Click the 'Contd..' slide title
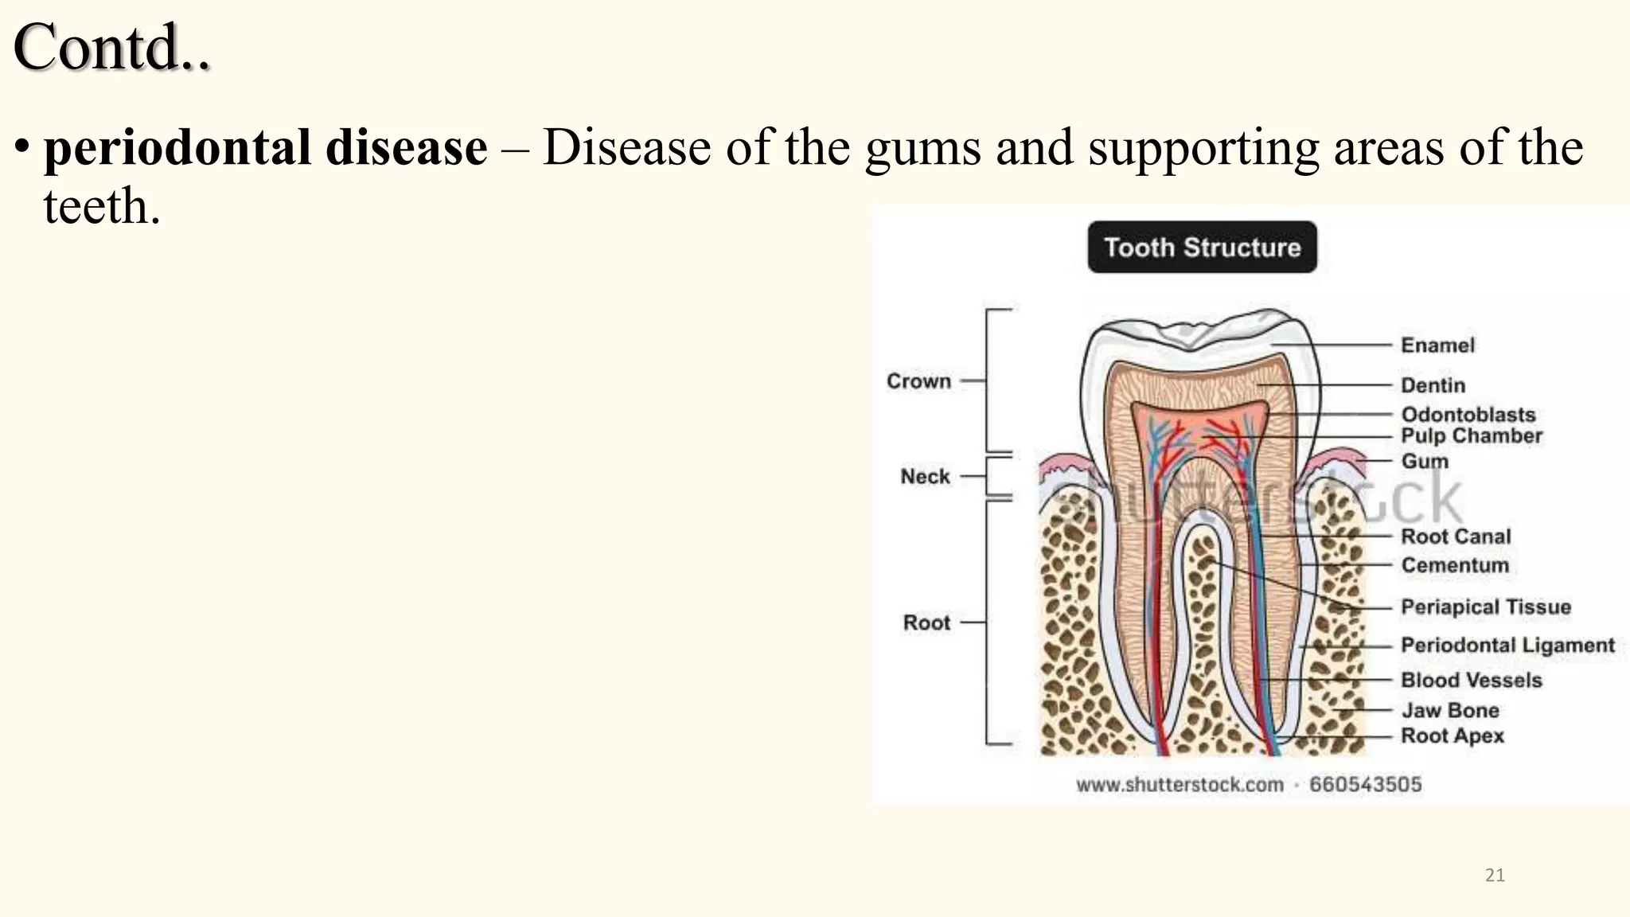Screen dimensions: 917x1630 tap(111, 48)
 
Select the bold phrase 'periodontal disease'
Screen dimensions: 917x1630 tap(265, 148)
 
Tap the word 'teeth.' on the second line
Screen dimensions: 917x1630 tap(102, 207)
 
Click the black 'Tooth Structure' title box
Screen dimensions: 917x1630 tap(1202, 248)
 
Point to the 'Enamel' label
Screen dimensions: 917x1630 tap(1437, 345)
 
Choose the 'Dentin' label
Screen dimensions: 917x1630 tap(1433, 385)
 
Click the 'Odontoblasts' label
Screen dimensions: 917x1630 tap(1468, 415)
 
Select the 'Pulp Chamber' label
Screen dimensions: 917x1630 tap(1472, 436)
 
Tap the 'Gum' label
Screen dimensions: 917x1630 tap(1425, 462)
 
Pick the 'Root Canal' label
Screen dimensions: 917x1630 tap(1456, 537)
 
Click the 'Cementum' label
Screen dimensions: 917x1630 tap(1455, 565)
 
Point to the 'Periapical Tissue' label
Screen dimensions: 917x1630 tap(1486, 607)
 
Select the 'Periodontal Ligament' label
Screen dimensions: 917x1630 tap(1507, 645)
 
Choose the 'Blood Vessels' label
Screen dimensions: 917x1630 tap(1472, 681)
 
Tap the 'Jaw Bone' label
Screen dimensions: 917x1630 tap(1450, 710)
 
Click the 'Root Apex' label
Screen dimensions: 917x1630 tap(1453, 736)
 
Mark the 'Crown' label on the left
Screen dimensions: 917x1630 tap(918, 381)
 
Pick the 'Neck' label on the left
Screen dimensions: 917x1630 tap(925, 477)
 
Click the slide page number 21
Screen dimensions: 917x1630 tap(1495, 876)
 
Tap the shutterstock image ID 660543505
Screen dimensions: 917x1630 tap(1365, 785)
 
